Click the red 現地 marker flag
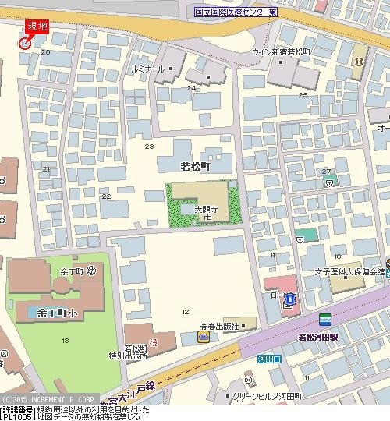coord(35,29)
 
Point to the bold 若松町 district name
coord(195,166)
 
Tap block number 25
coord(303,95)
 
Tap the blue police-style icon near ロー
coord(289,298)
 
